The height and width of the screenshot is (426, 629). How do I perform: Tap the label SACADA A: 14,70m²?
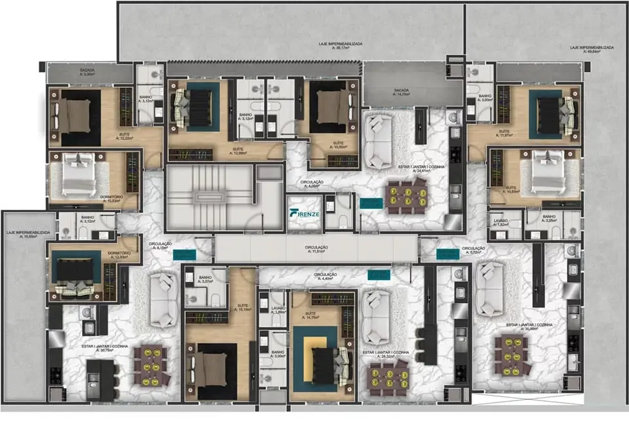401,92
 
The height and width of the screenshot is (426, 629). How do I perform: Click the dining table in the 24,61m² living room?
408,197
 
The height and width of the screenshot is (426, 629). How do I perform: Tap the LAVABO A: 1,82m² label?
502,222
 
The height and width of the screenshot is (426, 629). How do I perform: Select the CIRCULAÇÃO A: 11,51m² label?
316,249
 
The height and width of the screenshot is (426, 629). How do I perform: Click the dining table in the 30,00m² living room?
512,352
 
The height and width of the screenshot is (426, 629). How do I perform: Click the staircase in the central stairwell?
208,196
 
